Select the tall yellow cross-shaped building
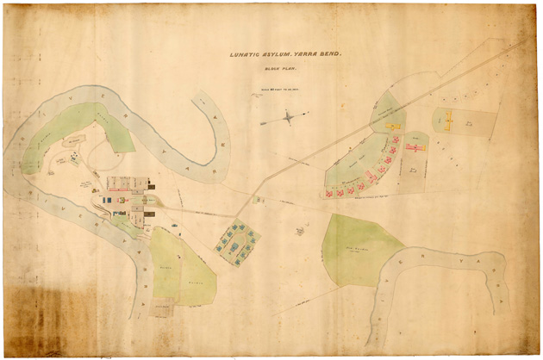coord(446,121)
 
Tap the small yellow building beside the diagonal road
coord(392,127)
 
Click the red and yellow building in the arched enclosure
coord(415,147)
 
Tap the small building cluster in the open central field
coord(301,230)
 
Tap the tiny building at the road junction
coord(257,200)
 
